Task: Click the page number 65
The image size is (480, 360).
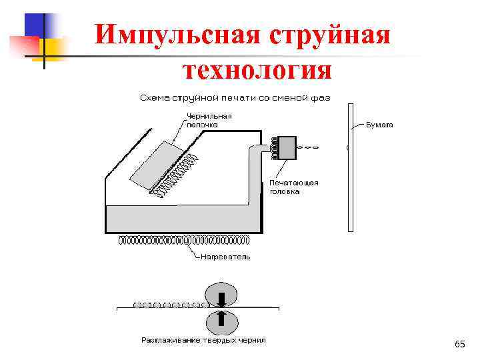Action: [459, 344]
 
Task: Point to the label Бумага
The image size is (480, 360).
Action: [380, 125]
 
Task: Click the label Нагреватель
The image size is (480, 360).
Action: [225, 257]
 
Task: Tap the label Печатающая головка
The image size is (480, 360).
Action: [294, 187]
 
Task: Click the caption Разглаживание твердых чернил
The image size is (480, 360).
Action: [203, 340]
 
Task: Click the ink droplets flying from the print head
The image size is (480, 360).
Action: [309, 147]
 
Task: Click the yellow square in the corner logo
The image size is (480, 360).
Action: [52, 48]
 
